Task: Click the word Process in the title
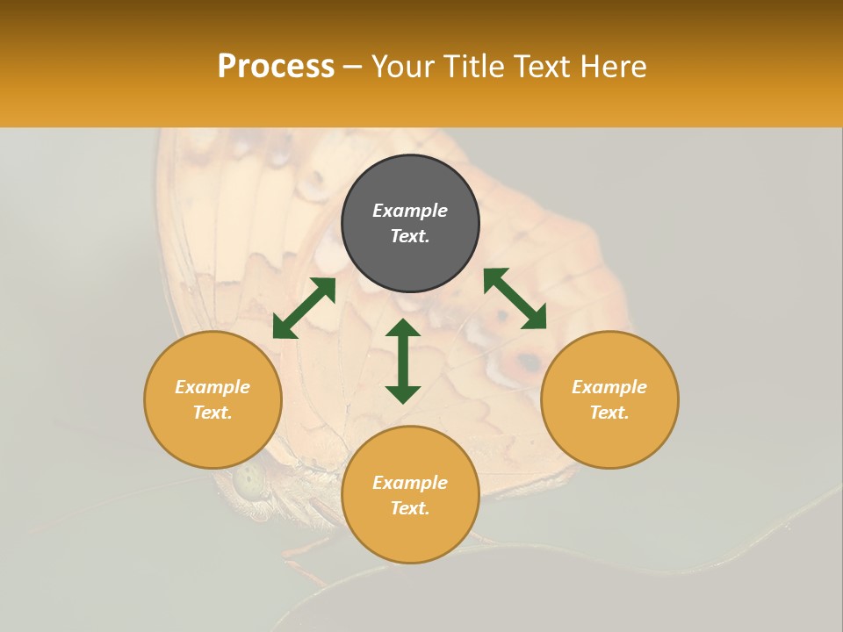[x=276, y=67]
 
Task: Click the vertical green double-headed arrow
[x=403, y=361]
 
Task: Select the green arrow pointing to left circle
[x=304, y=308]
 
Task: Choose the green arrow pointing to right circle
[x=515, y=298]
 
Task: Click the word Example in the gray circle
[x=410, y=211]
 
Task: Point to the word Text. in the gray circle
[x=410, y=236]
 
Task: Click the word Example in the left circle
[x=213, y=387]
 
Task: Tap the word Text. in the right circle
[x=609, y=413]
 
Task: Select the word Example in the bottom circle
[x=410, y=483]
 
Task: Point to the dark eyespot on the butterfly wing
[x=529, y=361]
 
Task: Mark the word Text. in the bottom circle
[x=410, y=508]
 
